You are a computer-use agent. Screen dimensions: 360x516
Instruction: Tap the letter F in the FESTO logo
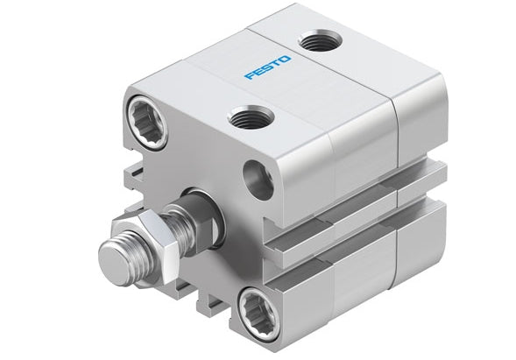click(x=250, y=77)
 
